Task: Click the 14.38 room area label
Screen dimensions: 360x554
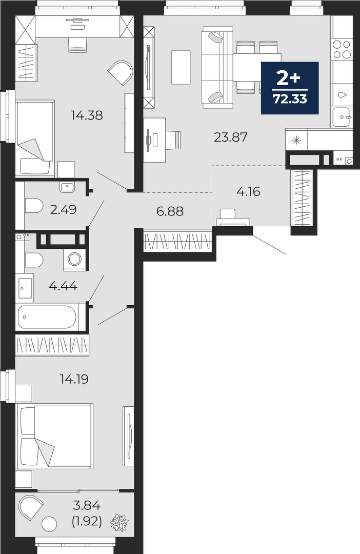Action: (87, 115)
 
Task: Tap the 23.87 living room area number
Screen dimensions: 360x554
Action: (231, 137)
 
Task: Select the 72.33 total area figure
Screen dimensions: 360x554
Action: (290, 99)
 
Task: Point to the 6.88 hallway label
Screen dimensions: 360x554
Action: (170, 211)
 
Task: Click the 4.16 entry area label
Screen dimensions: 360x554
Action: (248, 191)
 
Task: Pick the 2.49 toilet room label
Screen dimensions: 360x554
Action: (64, 210)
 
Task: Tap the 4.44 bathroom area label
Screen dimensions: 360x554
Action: (63, 286)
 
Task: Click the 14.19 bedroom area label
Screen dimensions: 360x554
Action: (74, 380)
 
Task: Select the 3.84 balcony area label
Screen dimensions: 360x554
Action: (87, 506)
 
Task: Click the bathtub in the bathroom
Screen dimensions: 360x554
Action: (47, 317)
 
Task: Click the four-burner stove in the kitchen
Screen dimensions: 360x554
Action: (342, 49)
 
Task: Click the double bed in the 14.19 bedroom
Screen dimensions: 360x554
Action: (55, 436)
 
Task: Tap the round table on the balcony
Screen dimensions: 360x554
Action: (49, 523)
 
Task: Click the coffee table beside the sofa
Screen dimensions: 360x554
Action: (181, 67)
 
